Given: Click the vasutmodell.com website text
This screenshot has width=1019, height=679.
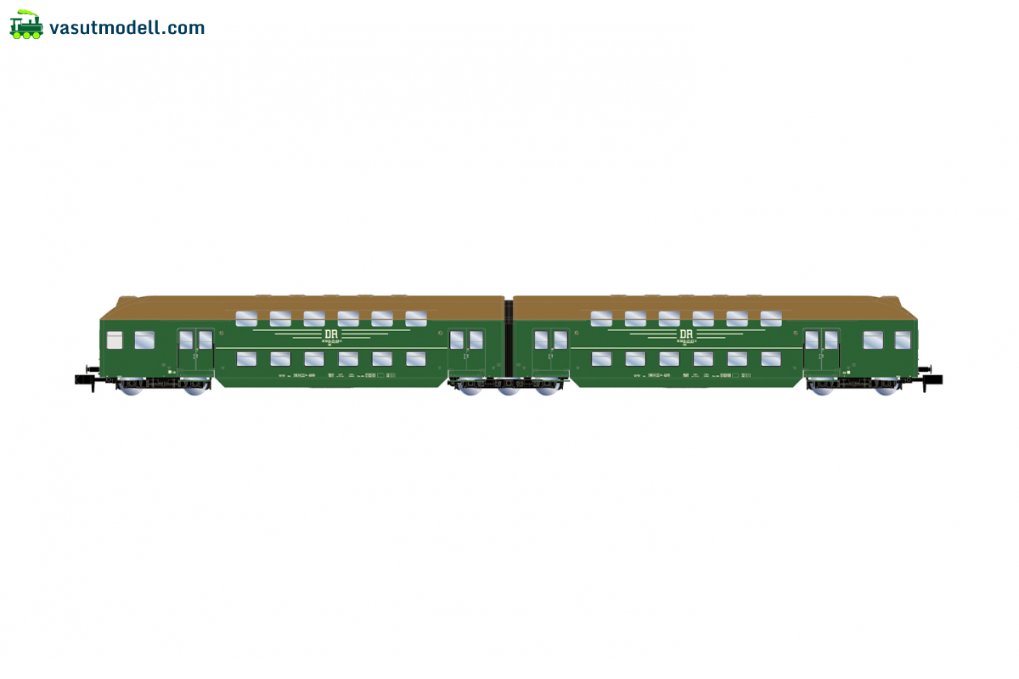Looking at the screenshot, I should click(x=127, y=28).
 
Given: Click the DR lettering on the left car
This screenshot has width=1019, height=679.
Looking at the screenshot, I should click(x=331, y=334).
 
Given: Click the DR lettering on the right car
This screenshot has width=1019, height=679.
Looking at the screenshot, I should click(x=686, y=334).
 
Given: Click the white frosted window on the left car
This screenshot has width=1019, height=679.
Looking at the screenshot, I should click(x=115, y=340).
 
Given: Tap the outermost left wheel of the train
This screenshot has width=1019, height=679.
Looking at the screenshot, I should click(x=132, y=386).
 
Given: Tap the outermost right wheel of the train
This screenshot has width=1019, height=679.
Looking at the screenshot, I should click(x=886, y=386).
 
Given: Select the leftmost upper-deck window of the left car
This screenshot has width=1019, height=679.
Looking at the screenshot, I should click(x=246, y=318).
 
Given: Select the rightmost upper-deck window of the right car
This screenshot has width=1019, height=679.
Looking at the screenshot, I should click(x=771, y=318).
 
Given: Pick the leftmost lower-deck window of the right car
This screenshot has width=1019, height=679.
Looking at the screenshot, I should click(x=601, y=359).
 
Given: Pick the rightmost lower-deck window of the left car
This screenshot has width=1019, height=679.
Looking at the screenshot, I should click(x=416, y=359).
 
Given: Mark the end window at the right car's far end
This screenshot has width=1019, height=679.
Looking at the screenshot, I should click(x=902, y=340).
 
